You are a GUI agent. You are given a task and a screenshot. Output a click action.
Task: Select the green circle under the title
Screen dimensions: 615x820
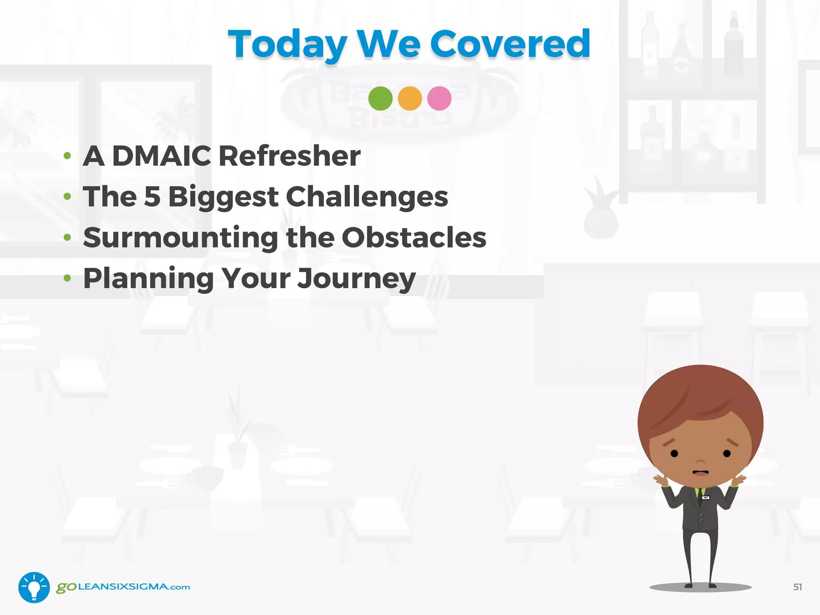tap(380, 98)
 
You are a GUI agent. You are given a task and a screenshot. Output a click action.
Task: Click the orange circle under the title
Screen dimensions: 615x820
tap(410, 98)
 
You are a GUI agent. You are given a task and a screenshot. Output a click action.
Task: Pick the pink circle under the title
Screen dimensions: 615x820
tap(439, 98)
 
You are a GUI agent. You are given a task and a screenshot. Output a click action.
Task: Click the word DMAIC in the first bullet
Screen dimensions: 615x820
tap(161, 156)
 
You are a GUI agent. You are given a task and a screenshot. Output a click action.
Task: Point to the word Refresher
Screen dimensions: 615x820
tap(289, 156)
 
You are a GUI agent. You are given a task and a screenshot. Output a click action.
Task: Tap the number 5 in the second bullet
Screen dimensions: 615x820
tap(152, 197)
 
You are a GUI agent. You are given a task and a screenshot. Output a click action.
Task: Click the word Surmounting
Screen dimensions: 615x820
tap(180, 238)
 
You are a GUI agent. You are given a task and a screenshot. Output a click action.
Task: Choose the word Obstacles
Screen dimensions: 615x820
tap(414, 238)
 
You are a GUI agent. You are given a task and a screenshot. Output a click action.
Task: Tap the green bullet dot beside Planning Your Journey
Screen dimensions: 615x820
tap(67, 278)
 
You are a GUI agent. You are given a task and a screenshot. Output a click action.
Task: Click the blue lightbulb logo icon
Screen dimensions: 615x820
tap(34, 587)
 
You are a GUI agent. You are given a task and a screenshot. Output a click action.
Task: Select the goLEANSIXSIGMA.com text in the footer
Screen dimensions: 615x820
tap(123, 587)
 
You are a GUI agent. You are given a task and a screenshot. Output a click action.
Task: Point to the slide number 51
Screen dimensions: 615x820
tap(797, 587)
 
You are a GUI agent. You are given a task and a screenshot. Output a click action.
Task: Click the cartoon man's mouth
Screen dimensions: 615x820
tap(700, 473)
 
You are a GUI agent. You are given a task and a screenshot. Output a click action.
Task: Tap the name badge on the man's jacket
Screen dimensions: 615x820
tap(706, 498)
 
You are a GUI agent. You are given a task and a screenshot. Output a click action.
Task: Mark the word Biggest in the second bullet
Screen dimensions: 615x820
tap(223, 197)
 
